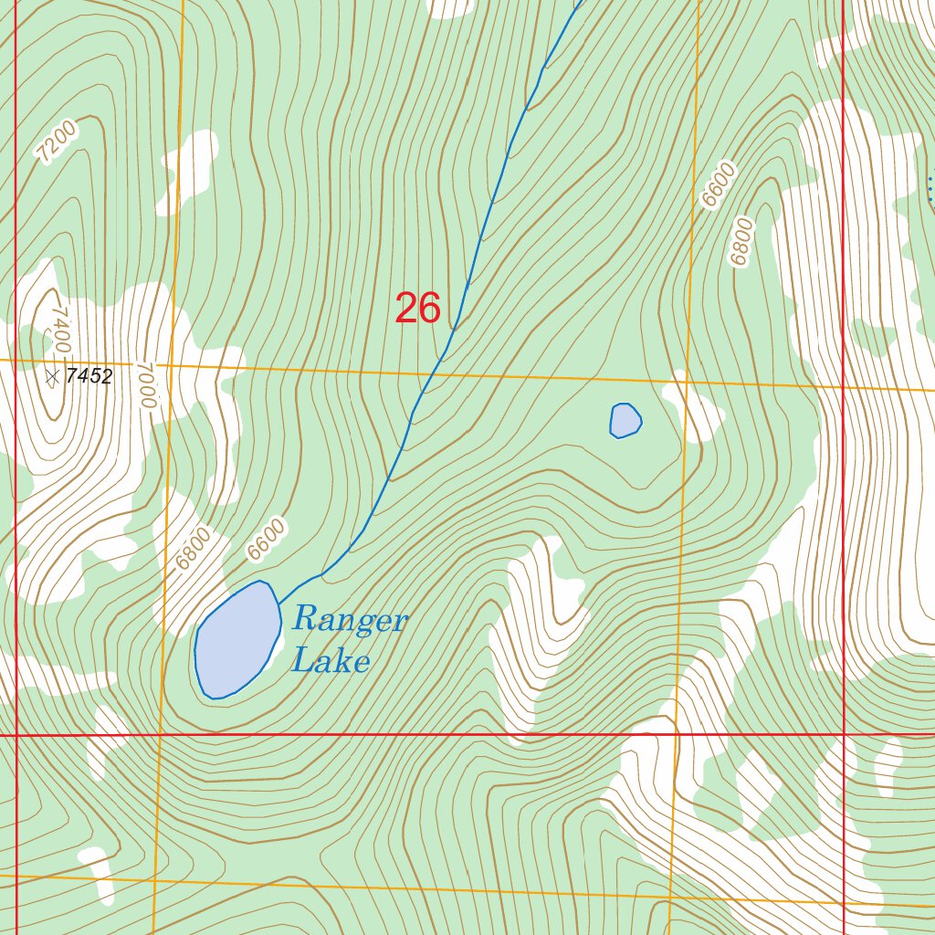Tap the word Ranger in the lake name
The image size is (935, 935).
click(350, 620)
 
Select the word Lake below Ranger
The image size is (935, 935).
click(331, 660)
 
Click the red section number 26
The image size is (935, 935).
click(418, 309)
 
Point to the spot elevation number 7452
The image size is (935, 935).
click(89, 376)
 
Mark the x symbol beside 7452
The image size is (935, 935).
click(53, 375)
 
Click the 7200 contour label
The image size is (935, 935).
click(57, 142)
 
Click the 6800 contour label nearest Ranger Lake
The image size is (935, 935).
click(193, 549)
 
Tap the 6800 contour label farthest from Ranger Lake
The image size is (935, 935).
click(742, 242)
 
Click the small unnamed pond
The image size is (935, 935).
click(625, 420)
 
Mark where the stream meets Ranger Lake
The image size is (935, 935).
click(278, 604)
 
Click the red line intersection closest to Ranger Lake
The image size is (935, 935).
click(16, 734)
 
